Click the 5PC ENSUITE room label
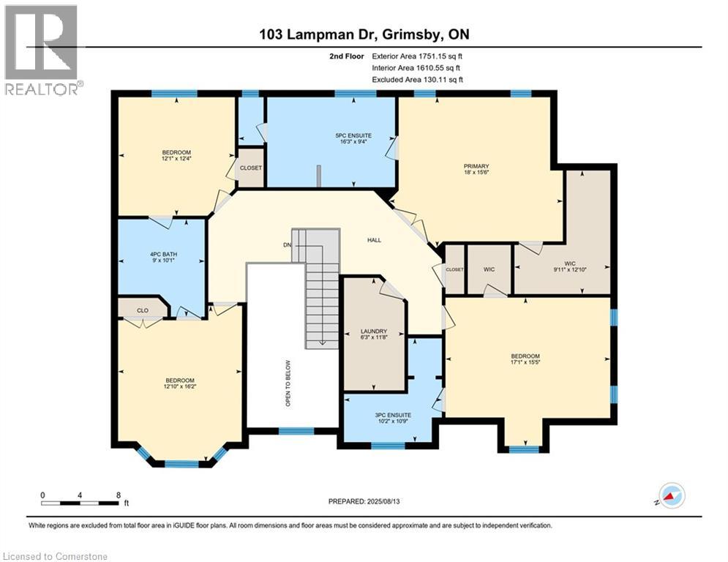tap(354, 135)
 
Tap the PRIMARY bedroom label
tap(476, 166)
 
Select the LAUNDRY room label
tap(374, 331)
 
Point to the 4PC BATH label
tap(163, 255)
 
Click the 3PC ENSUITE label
tap(393, 415)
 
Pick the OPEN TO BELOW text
tap(288, 383)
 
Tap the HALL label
tap(374, 240)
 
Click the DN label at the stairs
tap(288, 244)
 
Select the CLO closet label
tap(143, 310)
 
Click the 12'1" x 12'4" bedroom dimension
tap(176, 158)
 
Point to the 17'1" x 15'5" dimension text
tap(525, 362)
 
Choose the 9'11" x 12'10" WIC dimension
tap(570, 269)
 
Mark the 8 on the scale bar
tap(119, 495)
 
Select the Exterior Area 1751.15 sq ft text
tap(417, 56)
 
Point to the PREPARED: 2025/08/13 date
tap(364, 501)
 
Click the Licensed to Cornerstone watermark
tap(55, 556)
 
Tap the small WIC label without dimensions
tap(489, 269)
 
